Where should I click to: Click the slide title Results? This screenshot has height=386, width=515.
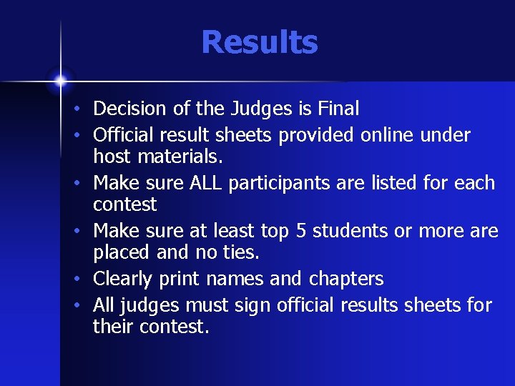(x=259, y=42)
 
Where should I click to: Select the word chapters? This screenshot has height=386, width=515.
(x=346, y=279)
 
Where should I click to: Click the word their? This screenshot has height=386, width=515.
(x=113, y=327)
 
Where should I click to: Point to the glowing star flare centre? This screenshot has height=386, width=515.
(x=60, y=79)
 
